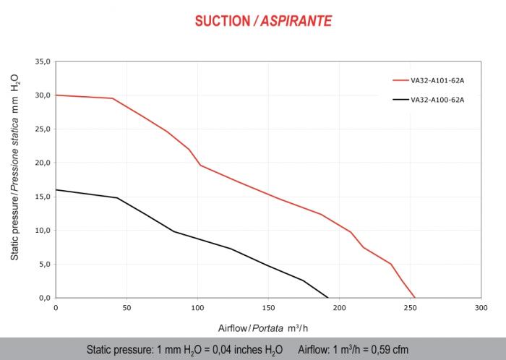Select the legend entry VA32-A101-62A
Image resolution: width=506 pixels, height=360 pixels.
point(437,82)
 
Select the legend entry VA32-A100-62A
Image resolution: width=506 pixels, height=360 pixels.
point(437,100)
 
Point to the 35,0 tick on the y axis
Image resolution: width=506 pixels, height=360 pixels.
point(43,61)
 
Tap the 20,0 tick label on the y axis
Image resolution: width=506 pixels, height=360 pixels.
point(43,163)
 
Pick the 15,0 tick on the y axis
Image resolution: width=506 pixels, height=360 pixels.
point(43,197)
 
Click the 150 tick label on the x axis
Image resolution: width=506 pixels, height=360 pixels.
point(268,307)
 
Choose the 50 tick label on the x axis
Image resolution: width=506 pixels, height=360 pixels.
point(126,307)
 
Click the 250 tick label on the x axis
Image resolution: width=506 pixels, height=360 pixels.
point(410,307)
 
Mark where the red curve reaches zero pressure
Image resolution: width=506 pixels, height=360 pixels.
point(415,297)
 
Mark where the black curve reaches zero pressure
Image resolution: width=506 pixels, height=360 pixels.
point(328,297)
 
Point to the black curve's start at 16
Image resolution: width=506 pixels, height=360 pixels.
point(56,189)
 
